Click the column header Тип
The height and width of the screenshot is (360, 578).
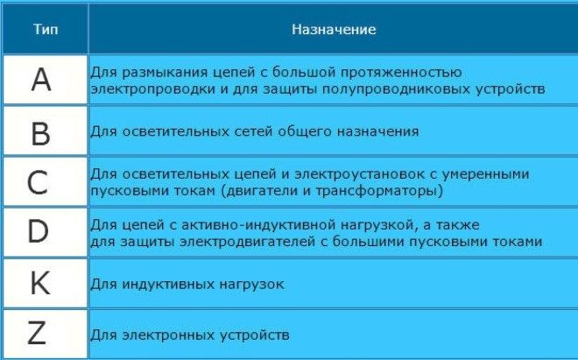46,30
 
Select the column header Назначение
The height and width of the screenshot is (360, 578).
334,30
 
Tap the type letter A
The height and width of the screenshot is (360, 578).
41,81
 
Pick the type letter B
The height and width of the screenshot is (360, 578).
41,133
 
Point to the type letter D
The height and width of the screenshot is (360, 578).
39,233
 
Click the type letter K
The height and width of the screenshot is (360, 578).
40,284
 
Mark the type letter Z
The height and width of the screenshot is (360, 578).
38,334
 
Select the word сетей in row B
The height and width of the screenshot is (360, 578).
230,132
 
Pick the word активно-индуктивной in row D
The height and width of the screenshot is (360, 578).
229,224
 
